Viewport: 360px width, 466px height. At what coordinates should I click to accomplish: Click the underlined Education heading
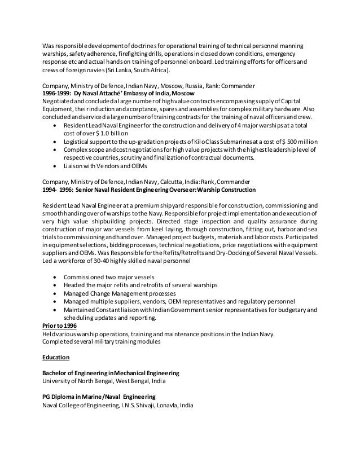point(56,358)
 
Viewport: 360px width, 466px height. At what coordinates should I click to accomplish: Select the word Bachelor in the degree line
point(57,373)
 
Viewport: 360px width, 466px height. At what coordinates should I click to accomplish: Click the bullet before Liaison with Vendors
point(54,166)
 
